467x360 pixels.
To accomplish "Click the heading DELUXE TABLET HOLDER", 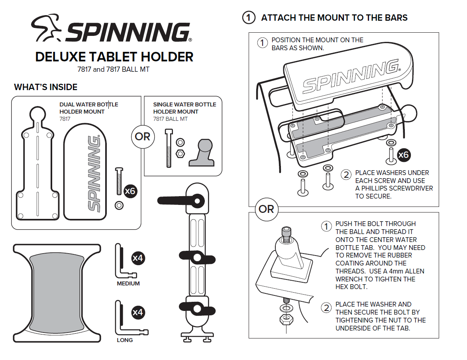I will click(x=114, y=57).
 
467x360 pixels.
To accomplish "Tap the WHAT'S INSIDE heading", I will click(x=45, y=87).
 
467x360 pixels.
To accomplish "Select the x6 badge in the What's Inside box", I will click(x=130, y=191).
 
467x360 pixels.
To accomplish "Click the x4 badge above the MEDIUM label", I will click(x=137, y=258).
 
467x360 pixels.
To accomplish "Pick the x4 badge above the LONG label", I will click(x=137, y=312).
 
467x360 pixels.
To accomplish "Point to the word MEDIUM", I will click(x=128, y=283).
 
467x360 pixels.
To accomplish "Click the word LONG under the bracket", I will click(x=125, y=340).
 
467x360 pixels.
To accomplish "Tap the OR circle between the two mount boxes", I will click(x=143, y=137).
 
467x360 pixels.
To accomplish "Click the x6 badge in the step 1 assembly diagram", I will click(x=403, y=155).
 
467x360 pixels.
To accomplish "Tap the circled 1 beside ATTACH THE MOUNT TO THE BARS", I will click(x=249, y=18).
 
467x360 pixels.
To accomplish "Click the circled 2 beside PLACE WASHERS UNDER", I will click(x=346, y=174).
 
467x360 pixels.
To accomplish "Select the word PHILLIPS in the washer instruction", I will click(x=376, y=188).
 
